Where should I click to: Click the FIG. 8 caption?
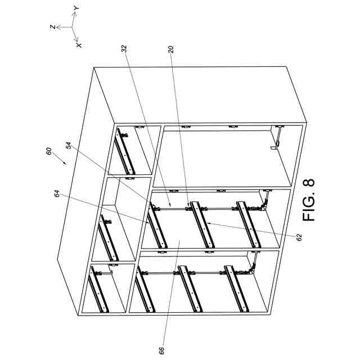tap(309, 200)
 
